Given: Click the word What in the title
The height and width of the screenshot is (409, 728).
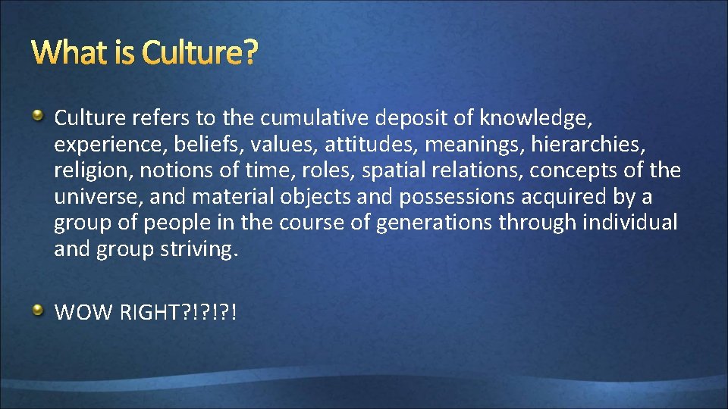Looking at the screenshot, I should pyautogui.click(x=69, y=53).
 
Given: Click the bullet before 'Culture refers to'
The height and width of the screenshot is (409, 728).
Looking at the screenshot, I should pyautogui.click(x=37, y=115).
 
